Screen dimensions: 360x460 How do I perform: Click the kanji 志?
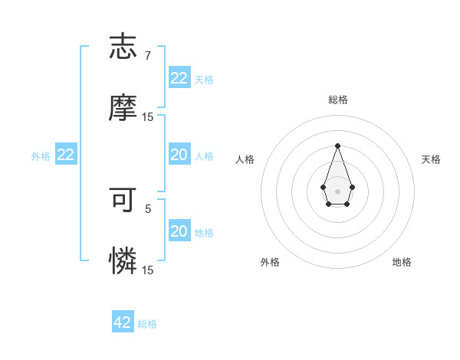(x=123, y=47)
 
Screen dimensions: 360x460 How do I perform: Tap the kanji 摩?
(x=123, y=108)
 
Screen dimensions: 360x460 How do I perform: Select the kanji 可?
(x=123, y=200)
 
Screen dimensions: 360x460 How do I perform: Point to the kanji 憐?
(x=123, y=261)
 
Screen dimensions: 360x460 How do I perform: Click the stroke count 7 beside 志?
(x=148, y=56)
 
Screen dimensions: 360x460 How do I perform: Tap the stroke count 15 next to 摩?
(x=148, y=117)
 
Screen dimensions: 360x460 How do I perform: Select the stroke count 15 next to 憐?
(x=148, y=270)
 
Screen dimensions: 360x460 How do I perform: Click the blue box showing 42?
(x=123, y=322)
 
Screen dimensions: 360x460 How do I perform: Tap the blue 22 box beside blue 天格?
(x=179, y=78)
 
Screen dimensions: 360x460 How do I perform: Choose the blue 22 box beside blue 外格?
(x=66, y=155)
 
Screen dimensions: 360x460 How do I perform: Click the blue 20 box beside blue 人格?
(x=179, y=155)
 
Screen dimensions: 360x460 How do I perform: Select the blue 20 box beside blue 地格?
(x=179, y=231)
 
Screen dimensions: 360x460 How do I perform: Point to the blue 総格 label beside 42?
(x=147, y=324)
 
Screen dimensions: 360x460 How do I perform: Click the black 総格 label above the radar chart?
(x=337, y=100)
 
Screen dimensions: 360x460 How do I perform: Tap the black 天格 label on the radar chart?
(x=431, y=159)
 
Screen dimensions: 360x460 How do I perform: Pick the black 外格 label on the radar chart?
(x=270, y=262)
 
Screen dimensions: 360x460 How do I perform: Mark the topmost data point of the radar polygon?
(x=337, y=146)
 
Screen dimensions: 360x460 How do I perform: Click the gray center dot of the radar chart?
(x=337, y=190)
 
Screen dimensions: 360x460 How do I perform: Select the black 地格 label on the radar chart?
(x=402, y=262)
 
